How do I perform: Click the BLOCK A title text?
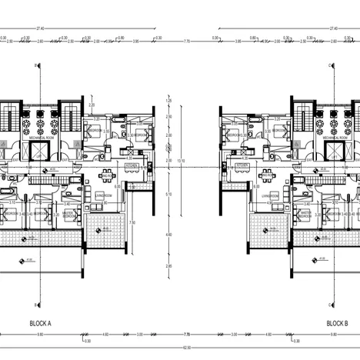(39, 324)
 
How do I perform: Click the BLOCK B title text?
(337, 324)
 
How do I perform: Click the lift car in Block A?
(38, 152)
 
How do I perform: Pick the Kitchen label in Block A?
(132, 165)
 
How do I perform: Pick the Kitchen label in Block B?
(243, 165)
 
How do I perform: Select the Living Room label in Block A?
(105, 197)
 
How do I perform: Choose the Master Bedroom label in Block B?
(305, 215)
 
